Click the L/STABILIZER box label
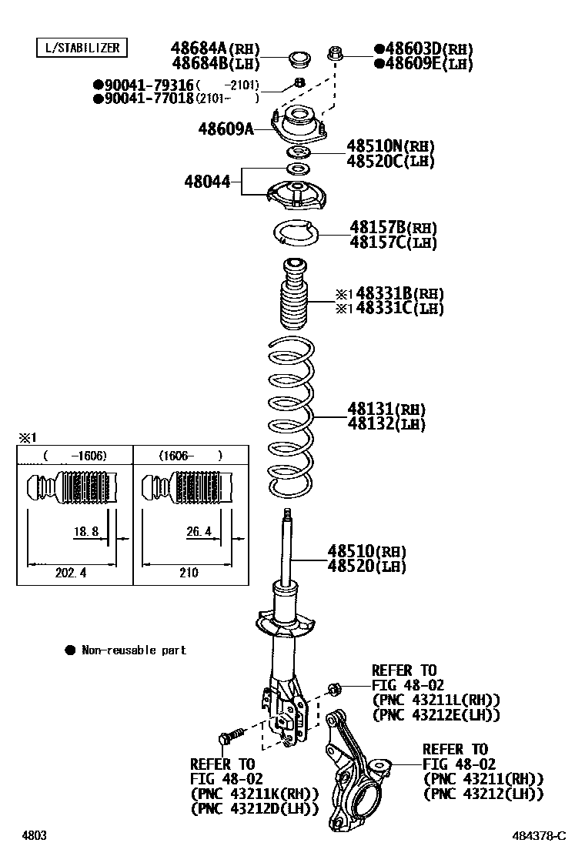82,48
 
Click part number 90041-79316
143,85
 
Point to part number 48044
207,182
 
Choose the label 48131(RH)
386,409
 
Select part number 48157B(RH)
393,228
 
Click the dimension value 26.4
199,531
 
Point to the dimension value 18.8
85,531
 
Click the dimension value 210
189,573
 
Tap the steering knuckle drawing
356,777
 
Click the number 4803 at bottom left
35,836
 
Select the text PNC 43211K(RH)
244,794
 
